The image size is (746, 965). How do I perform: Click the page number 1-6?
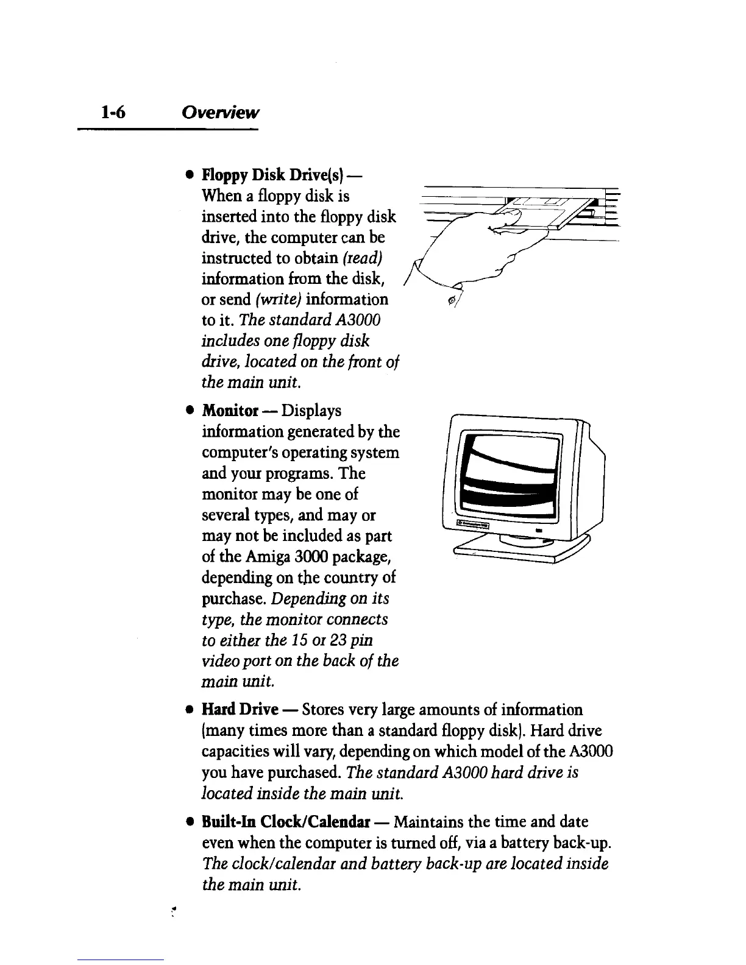(113, 112)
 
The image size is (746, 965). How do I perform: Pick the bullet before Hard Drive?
(190, 710)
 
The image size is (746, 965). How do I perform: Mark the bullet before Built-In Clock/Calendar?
(190, 822)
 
